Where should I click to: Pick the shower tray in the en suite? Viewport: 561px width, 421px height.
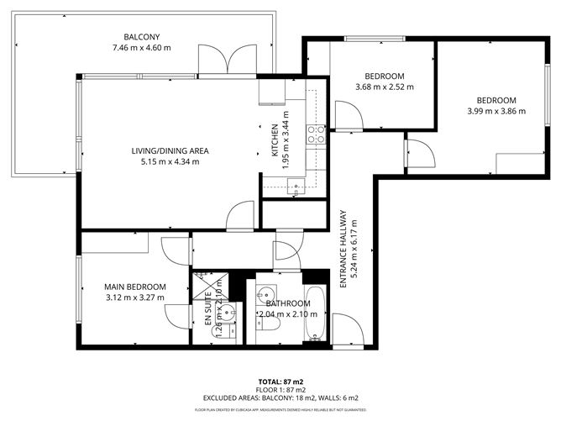coord(205,285)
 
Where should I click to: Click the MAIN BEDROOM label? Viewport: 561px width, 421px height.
coord(134,287)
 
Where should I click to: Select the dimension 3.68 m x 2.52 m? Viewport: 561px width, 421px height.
coord(382,87)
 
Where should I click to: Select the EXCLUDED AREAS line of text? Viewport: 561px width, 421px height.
coord(280,397)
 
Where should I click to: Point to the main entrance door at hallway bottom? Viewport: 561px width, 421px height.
coord(347,328)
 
